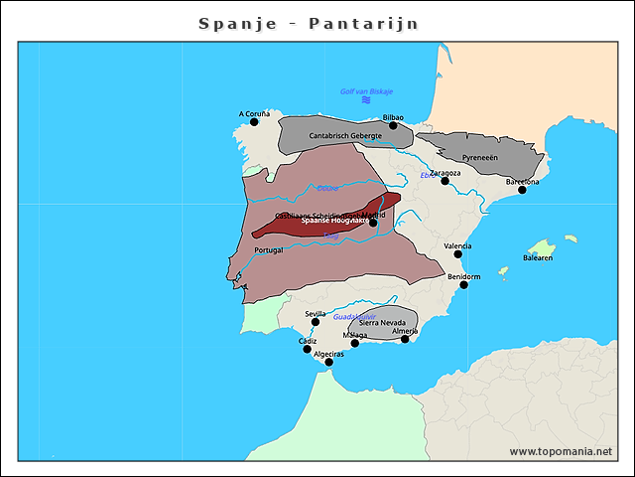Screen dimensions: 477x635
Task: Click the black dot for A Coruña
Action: pyautogui.click(x=254, y=122)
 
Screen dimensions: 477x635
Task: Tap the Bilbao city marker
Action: pyautogui.click(x=393, y=125)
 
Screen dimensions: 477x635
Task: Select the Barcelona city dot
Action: pyautogui.click(x=522, y=189)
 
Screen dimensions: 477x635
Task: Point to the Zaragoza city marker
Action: pyautogui.click(x=445, y=181)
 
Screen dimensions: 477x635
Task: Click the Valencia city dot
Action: pyautogui.click(x=458, y=253)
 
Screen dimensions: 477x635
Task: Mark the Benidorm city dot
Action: pyautogui.click(x=463, y=284)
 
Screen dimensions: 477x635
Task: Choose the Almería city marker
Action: pyautogui.click(x=405, y=339)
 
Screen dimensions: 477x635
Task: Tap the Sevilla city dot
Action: pyautogui.click(x=316, y=321)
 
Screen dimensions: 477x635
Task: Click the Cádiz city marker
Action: pyautogui.click(x=307, y=349)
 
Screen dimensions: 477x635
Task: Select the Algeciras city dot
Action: pyautogui.click(x=329, y=362)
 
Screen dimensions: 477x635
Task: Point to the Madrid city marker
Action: pyautogui.click(x=373, y=222)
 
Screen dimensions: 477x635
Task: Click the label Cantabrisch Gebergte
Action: pyautogui.click(x=345, y=136)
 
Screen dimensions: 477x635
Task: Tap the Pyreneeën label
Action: pyautogui.click(x=480, y=158)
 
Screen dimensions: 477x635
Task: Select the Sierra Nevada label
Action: pyautogui.click(x=382, y=323)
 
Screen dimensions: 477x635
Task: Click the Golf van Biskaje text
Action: pyautogui.click(x=367, y=91)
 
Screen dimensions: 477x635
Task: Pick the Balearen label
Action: pyautogui.click(x=538, y=257)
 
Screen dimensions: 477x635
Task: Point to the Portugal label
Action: pyautogui.click(x=269, y=250)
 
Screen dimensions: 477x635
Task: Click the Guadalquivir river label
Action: pyautogui.click(x=354, y=316)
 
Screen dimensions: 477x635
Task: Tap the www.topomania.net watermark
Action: pyautogui.click(x=561, y=451)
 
